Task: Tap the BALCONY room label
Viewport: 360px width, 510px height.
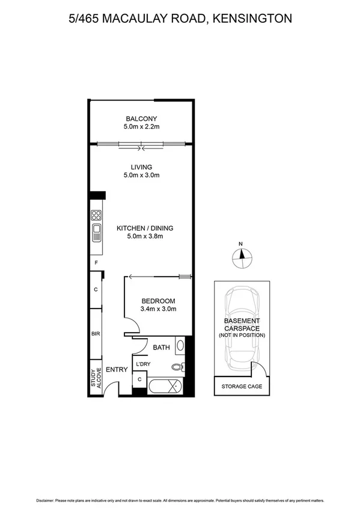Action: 141,118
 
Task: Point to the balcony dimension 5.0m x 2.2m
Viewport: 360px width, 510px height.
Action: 141,127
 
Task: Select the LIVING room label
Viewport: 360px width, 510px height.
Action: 141,167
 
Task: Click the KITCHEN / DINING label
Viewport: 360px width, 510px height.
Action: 145,228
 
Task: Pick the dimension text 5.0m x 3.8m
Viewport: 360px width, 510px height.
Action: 145,236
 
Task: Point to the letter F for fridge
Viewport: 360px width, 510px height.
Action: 95,263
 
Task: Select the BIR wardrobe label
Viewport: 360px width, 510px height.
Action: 95,333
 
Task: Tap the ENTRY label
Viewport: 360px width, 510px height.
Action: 117,369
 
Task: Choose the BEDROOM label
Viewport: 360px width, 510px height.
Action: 158,301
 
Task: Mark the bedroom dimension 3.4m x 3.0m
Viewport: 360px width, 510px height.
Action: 158,309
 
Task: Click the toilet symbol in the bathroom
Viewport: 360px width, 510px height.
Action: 176,366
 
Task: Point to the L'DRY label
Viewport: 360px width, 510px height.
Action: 143,364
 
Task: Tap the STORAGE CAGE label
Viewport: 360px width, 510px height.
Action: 242,386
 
